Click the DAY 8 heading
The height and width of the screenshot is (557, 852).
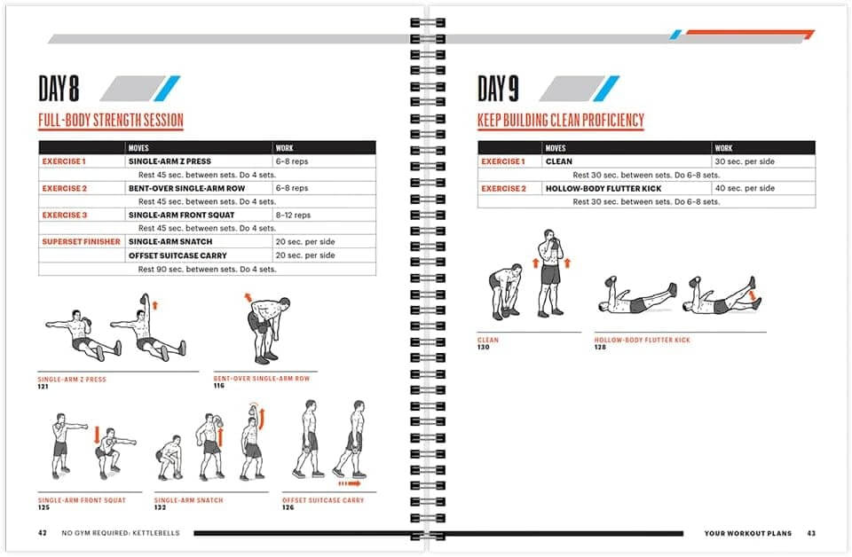(x=59, y=89)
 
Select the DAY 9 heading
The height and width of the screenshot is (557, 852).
(x=498, y=89)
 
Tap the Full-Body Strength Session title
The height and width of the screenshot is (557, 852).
(x=110, y=121)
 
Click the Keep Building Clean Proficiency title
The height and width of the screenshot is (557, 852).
(x=560, y=121)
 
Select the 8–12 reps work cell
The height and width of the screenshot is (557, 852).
(x=291, y=216)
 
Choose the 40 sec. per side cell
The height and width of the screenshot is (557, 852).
(x=745, y=189)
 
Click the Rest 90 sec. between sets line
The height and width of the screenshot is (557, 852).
(x=207, y=269)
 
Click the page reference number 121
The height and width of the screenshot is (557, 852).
(x=43, y=387)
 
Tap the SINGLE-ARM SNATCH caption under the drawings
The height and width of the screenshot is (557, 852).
(x=188, y=500)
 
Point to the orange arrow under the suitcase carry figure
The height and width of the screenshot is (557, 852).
(x=350, y=484)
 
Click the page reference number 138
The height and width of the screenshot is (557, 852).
(x=600, y=347)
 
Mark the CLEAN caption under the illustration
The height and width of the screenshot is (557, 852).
(x=488, y=340)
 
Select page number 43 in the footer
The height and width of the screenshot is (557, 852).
(x=810, y=533)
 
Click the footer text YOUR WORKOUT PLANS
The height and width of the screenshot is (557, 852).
(x=747, y=533)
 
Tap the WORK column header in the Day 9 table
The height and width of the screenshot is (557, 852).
(x=724, y=148)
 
